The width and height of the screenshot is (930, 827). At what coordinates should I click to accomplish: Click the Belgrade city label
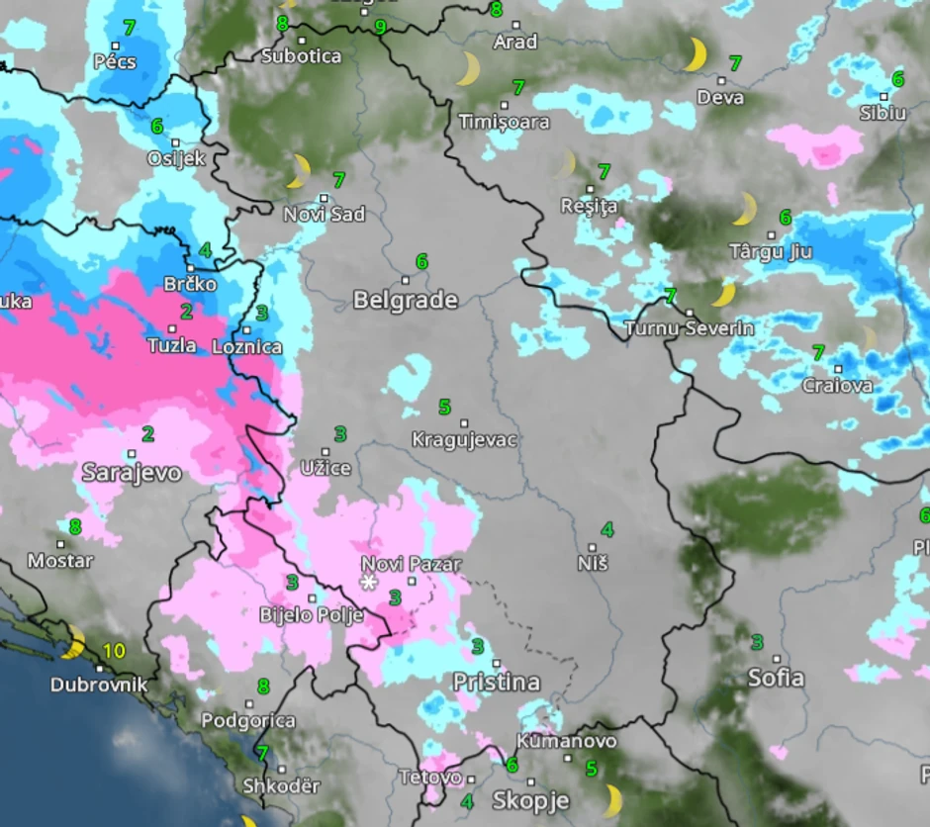tap(406, 300)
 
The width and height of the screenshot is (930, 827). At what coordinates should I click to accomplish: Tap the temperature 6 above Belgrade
tap(422, 261)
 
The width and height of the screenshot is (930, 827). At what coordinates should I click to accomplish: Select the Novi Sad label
tap(325, 214)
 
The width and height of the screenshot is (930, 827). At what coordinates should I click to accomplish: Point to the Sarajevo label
tap(132, 473)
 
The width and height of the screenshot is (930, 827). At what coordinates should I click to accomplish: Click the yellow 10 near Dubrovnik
tap(115, 651)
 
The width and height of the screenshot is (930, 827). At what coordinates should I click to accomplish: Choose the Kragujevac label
tap(464, 440)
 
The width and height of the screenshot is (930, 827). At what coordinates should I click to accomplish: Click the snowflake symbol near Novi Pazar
tap(369, 583)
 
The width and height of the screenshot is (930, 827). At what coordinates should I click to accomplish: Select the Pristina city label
tap(497, 682)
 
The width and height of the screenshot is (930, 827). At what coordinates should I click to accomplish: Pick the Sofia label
tap(777, 679)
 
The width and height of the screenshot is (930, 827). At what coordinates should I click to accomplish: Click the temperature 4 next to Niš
tap(607, 530)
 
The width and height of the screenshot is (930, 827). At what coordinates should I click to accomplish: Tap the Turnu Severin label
tap(690, 327)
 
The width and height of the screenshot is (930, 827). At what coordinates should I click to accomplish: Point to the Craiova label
tap(838, 385)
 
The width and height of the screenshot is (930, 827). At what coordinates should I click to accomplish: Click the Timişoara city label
tap(505, 122)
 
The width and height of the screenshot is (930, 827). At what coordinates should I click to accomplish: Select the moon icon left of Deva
tap(697, 54)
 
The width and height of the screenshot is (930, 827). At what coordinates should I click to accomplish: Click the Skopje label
tap(531, 800)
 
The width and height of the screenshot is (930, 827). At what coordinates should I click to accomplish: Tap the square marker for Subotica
tap(302, 41)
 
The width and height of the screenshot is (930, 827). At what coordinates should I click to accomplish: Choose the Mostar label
tap(60, 561)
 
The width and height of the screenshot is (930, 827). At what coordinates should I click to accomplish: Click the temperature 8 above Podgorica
tap(263, 686)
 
